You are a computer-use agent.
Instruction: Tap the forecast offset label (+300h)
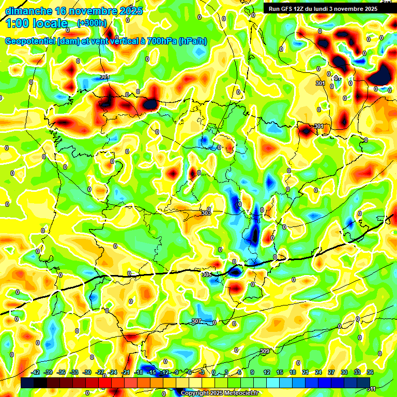pyautogui.click(x=92, y=23)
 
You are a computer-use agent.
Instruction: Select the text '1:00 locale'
pyautogui.click(x=36, y=23)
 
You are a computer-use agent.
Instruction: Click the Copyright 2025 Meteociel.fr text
pyautogui.click(x=219, y=393)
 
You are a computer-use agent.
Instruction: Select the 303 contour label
pyautogui.click(x=206, y=213)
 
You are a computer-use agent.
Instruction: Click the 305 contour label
pyautogui.click(x=206, y=274)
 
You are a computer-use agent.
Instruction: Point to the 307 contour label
pyautogui.click(x=196, y=322)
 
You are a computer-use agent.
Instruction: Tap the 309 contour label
pyautogui.click(x=264, y=352)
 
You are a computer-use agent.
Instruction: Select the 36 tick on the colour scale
pyautogui.click(x=370, y=372)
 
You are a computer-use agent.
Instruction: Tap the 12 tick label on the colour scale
pyautogui.click(x=267, y=372)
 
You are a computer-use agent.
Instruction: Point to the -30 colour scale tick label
pyautogui.click(x=87, y=372)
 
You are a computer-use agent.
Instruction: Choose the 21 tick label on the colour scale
pyautogui.click(x=306, y=372)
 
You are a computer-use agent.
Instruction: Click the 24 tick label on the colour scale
pyautogui.click(x=318, y=372)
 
